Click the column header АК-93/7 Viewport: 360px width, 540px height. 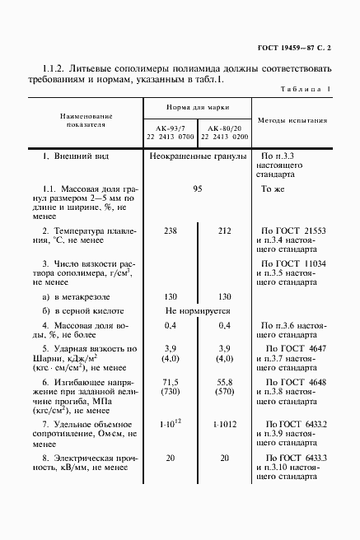[171, 128]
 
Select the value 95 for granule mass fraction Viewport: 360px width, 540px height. [197, 189]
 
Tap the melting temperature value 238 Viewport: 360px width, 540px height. [171, 231]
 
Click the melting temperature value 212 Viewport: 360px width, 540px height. [222, 231]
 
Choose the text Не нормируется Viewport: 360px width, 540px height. [198, 311]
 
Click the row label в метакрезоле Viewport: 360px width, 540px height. [79, 296]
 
